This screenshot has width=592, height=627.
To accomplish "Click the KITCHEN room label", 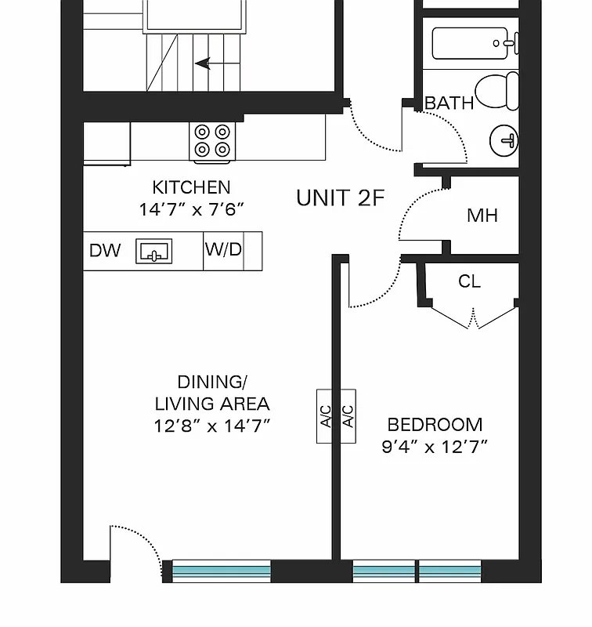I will [x=191, y=187].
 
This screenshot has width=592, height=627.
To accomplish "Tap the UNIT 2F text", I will [x=340, y=198].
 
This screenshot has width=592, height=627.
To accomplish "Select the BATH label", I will [x=449, y=103].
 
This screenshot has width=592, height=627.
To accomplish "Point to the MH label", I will [x=482, y=216].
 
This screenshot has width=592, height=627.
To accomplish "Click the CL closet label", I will [x=469, y=282].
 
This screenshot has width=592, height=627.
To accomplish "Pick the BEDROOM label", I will [x=435, y=425].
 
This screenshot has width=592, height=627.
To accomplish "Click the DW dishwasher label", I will [x=105, y=251].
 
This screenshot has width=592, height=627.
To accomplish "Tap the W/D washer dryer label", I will [x=223, y=250].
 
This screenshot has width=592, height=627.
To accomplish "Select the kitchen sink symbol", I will [x=154, y=252].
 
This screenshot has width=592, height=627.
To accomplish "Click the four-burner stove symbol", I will [x=212, y=140].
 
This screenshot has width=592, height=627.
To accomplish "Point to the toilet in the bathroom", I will [x=499, y=90].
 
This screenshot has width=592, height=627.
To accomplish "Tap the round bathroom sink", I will [x=504, y=141].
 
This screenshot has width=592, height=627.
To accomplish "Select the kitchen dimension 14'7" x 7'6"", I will [x=191, y=209].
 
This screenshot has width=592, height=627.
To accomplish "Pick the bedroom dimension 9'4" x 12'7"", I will [x=435, y=448].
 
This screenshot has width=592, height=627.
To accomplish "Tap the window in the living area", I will [x=221, y=571].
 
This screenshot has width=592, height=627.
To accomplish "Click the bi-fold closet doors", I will [x=473, y=317].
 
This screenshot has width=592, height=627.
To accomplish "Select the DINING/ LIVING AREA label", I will [x=211, y=393].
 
